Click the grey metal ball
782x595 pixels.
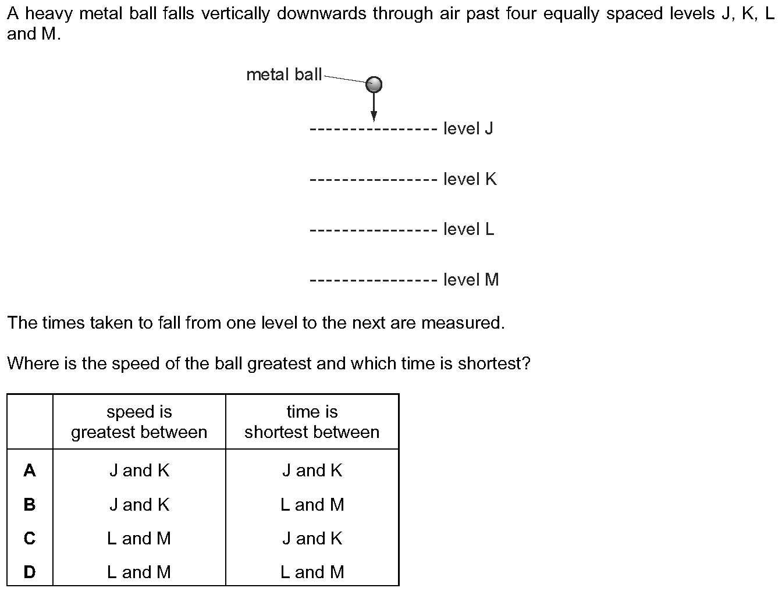pyautogui.click(x=374, y=84)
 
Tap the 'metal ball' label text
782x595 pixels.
pyautogui.click(x=284, y=75)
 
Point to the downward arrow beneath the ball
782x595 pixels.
pyautogui.click(x=374, y=107)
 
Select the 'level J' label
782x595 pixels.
pyautogui.click(x=468, y=128)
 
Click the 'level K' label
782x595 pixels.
pyautogui.click(x=470, y=179)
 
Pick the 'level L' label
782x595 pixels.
pyautogui.click(x=469, y=229)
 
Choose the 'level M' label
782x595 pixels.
pyautogui.click(x=471, y=280)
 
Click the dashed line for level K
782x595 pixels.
pyautogui.click(x=374, y=180)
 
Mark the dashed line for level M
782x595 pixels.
pyautogui.click(x=374, y=280)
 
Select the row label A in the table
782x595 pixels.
pyautogui.click(x=30, y=470)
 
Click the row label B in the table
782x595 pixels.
pyautogui.click(x=30, y=504)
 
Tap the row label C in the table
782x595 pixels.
pyautogui.click(x=30, y=538)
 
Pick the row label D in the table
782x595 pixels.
pyautogui.click(x=30, y=572)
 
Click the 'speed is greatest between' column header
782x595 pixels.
pyautogui.click(x=139, y=422)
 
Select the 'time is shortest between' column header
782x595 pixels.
pyautogui.click(x=312, y=422)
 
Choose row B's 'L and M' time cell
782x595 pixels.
pyautogui.click(x=312, y=504)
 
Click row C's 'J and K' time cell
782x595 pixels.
pyautogui.click(x=312, y=539)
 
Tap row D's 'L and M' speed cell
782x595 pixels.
pyautogui.click(x=139, y=572)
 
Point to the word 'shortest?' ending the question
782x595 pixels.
pyautogui.click(x=494, y=363)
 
